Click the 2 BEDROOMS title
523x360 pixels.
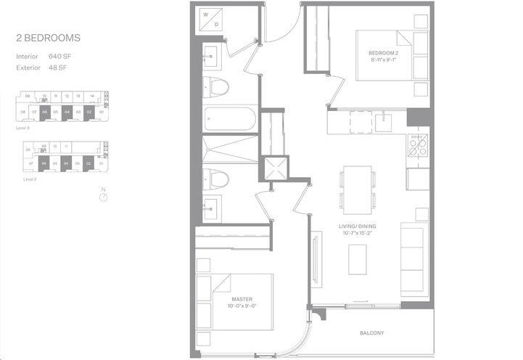coord(49,36)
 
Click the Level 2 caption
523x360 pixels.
coord(29,179)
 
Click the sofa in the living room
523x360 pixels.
coord(413,259)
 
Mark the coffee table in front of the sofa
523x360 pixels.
coord(358,259)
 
